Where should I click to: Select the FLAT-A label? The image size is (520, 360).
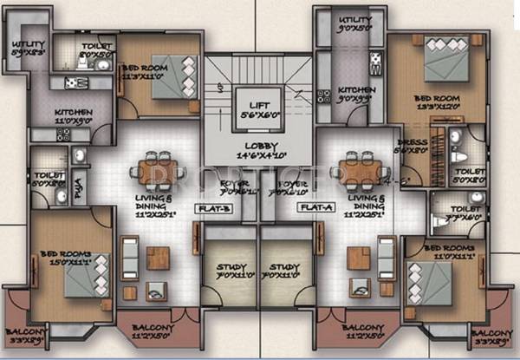[x=310, y=208]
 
